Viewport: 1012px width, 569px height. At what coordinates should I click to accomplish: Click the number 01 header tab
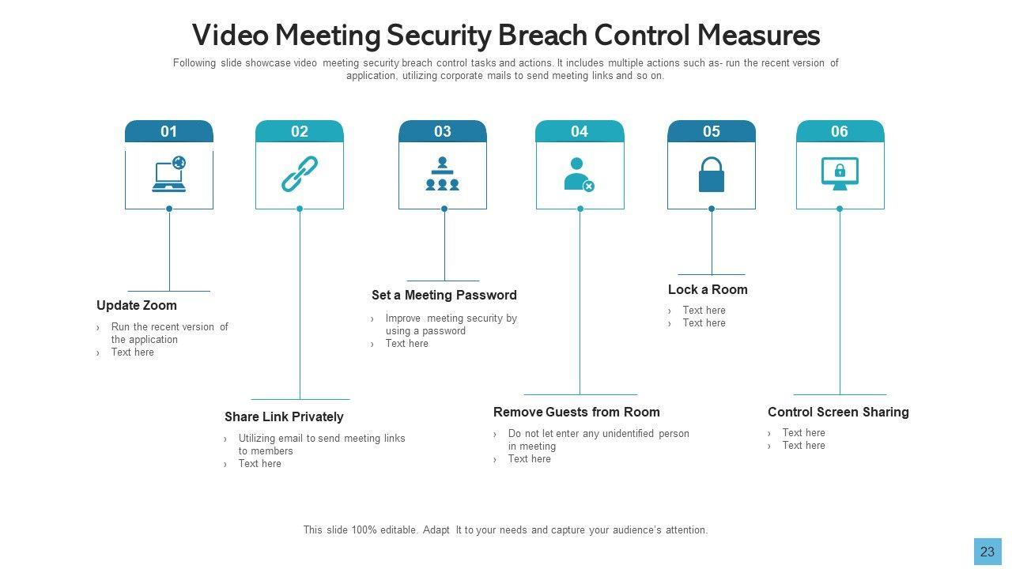169,131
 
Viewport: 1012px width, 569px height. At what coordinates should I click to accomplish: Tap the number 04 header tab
580,131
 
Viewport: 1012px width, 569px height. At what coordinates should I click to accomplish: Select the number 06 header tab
840,131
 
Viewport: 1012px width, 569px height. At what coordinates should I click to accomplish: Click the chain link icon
300,174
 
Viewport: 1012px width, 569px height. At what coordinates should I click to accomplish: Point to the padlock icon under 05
712,175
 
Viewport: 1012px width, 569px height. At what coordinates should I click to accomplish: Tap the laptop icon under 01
169,175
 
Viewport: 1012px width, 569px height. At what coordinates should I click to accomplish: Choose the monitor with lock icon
840,174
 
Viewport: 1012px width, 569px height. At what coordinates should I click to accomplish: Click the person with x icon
579,175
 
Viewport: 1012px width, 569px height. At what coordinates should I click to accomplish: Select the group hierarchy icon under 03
443,174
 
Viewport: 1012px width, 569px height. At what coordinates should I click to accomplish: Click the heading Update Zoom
137,306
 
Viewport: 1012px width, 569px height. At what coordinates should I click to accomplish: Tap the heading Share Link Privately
284,417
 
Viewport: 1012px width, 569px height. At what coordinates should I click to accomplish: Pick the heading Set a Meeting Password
444,296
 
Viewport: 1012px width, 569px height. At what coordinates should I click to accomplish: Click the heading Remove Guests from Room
576,413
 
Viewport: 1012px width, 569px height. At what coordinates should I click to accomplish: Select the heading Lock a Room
708,290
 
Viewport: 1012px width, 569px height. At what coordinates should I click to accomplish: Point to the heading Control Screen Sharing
838,413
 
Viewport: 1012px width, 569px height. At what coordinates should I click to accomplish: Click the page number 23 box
987,552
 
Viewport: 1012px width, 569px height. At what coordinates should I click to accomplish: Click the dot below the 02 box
300,209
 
